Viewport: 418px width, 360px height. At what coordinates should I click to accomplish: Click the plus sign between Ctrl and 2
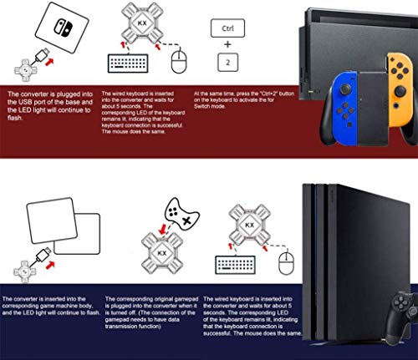[226, 44]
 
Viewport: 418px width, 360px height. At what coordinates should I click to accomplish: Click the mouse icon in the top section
[177, 62]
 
